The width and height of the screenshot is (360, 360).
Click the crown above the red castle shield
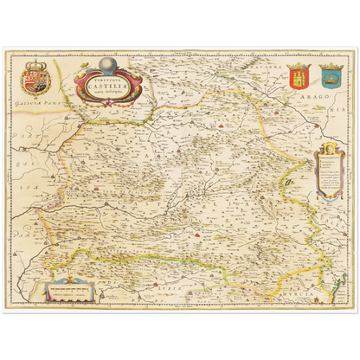pyautogui.click(x=300, y=65)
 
